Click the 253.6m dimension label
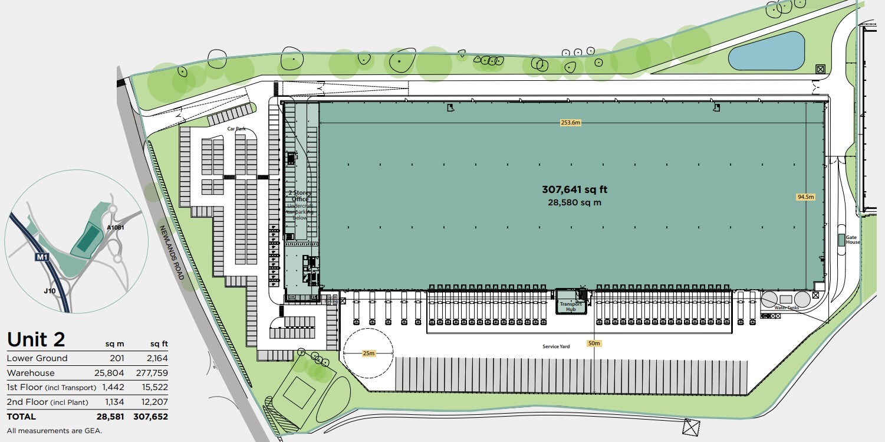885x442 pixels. [571, 123]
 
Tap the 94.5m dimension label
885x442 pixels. [805, 197]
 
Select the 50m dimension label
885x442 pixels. [594, 343]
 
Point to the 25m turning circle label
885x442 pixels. [368, 353]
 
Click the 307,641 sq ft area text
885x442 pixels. [574, 189]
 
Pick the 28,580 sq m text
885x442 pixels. [574, 202]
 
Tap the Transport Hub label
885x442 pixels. [571, 307]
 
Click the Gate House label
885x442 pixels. [853, 240]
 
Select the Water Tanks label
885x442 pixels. [785, 307]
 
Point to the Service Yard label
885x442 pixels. [556, 346]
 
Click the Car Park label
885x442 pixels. [236, 128]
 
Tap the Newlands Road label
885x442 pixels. [172, 253]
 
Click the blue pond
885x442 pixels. [766, 51]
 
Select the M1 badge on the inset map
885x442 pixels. [41, 257]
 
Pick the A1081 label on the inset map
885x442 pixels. [116, 227]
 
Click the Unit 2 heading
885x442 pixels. [36, 339]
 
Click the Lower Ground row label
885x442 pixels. [37, 358]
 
